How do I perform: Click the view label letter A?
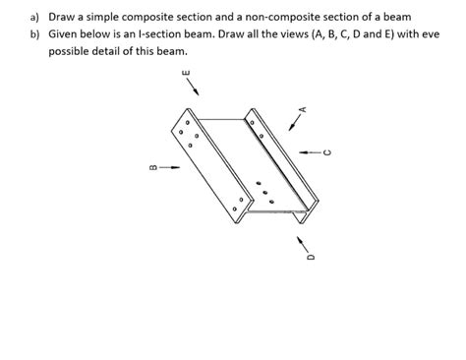coord(304,109)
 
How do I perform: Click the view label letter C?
coord(329,151)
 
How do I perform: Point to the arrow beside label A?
coord(295,122)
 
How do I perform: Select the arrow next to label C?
coord(310,151)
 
